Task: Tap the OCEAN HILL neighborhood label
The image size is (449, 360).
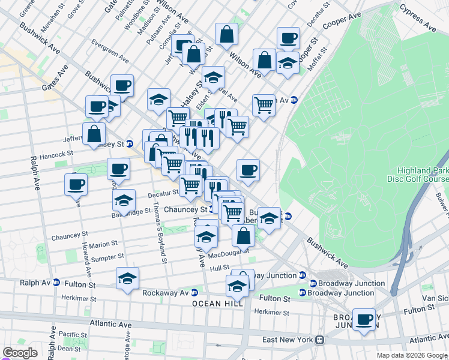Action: point(218,304)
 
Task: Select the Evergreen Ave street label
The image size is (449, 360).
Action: point(110,52)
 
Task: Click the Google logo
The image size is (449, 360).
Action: point(20,353)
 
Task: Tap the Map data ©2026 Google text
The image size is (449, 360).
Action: point(412,355)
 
